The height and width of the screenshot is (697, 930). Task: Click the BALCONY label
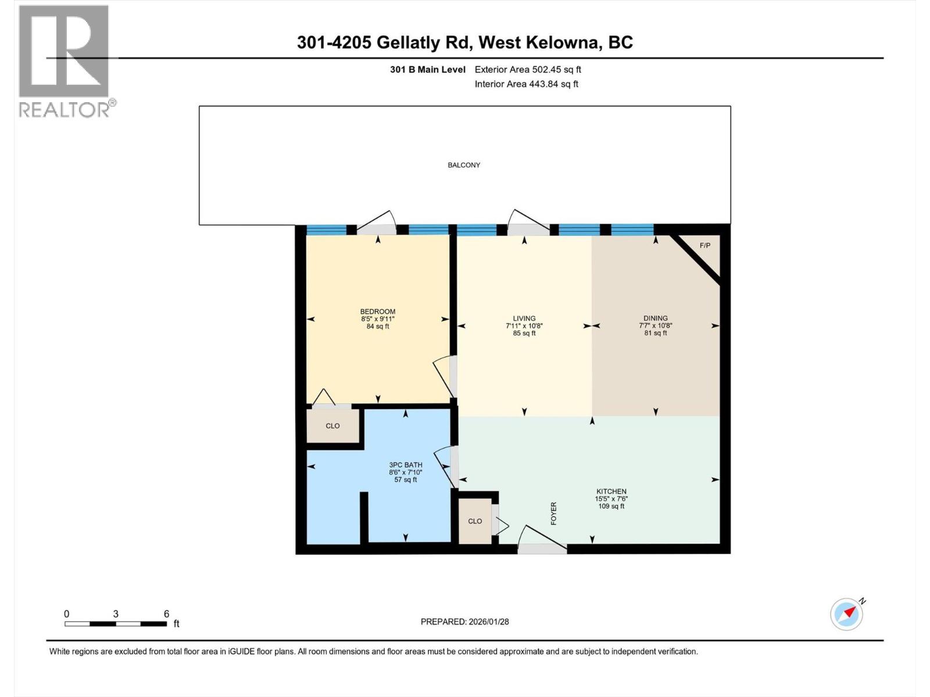pos(464,165)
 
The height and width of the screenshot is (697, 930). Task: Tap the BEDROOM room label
pos(378,311)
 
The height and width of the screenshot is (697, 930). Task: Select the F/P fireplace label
pos(704,245)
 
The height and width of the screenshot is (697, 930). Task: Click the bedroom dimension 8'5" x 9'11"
pos(378,319)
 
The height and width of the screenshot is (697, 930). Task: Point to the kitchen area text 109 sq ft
pos(611,506)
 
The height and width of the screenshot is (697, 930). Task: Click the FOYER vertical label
pos(553,513)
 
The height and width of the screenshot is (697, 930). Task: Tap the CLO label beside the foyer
pos(475,521)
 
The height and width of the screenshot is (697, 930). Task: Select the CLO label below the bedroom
pos(332,426)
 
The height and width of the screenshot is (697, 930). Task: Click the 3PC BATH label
pos(406,465)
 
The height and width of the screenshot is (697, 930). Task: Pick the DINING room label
pos(655,318)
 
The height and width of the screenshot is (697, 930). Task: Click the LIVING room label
pos(524,318)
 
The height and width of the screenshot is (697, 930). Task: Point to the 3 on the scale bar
pos(116,614)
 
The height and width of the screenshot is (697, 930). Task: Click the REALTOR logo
pos(65,61)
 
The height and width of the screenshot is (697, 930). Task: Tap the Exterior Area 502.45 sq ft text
pos(528,70)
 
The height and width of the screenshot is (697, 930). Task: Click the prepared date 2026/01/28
pos(488,621)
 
